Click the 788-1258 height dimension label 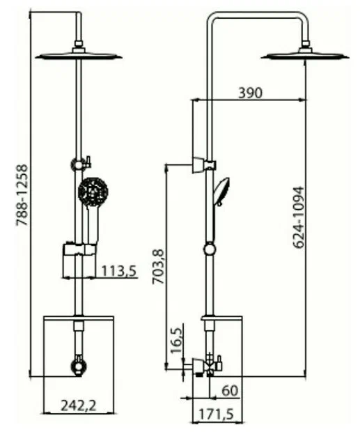point(22,195)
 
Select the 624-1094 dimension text point(298,217)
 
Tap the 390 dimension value point(250,93)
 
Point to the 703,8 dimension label point(159,266)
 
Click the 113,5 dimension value point(119,271)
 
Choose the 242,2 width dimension point(79,406)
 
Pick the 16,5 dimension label point(176,340)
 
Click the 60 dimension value point(230,391)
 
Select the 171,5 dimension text point(216,414)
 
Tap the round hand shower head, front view point(93,192)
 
